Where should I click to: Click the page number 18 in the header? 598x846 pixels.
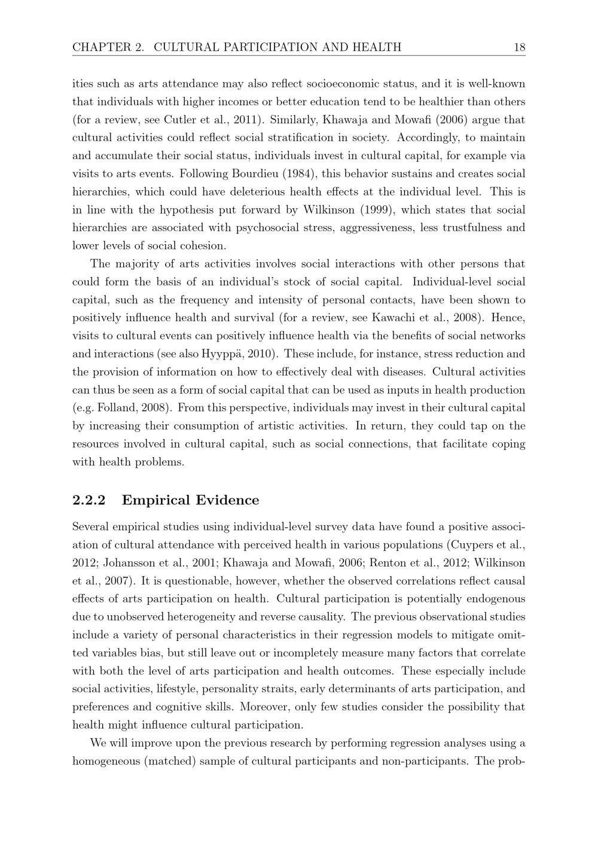(519, 47)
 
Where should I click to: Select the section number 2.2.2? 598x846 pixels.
(89, 500)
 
